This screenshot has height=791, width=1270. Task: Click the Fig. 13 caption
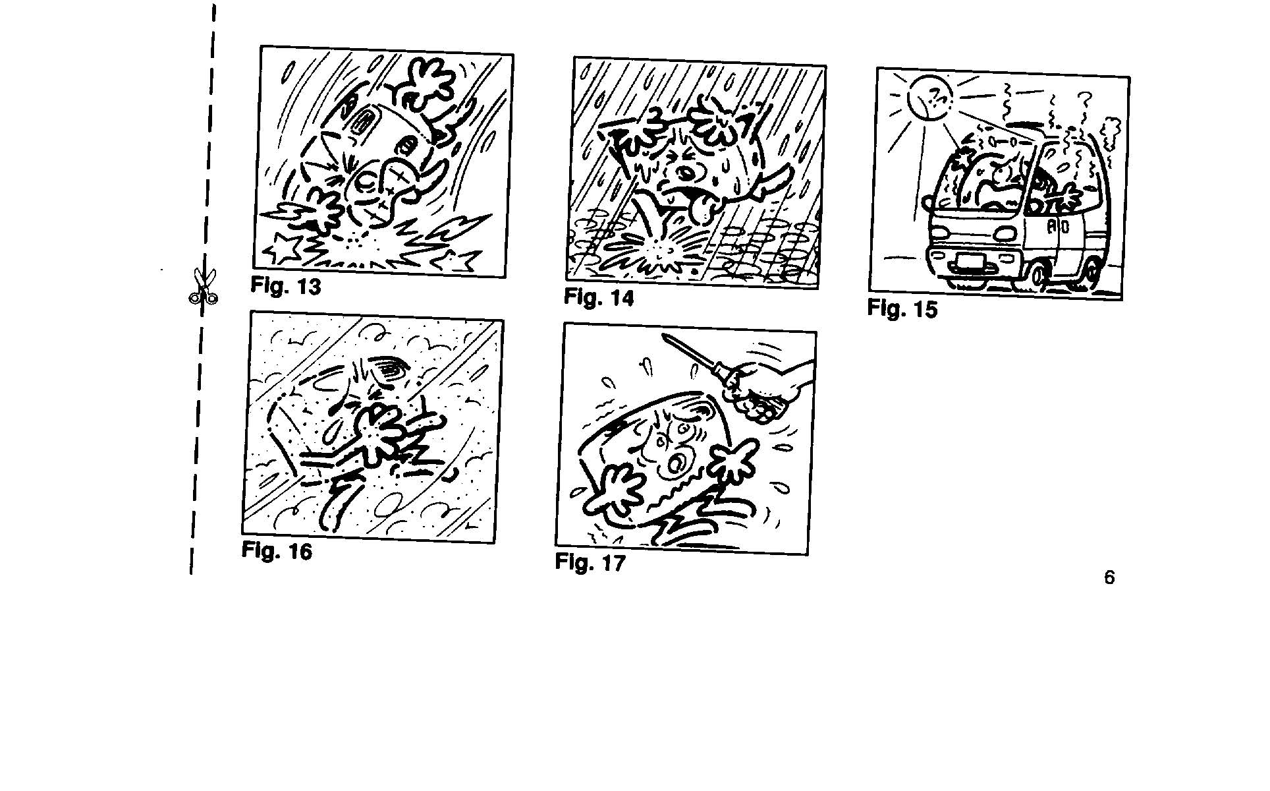[x=286, y=286]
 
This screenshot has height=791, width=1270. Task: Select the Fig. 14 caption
[x=599, y=297]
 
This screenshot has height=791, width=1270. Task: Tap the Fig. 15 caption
[x=902, y=308]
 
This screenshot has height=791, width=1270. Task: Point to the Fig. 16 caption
[x=277, y=550]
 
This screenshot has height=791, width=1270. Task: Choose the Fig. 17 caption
[x=590, y=562]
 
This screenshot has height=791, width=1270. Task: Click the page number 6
[x=1109, y=577]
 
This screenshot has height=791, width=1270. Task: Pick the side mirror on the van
[x=962, y=158]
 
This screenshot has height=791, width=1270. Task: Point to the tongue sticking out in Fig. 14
[x=704, y=210]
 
